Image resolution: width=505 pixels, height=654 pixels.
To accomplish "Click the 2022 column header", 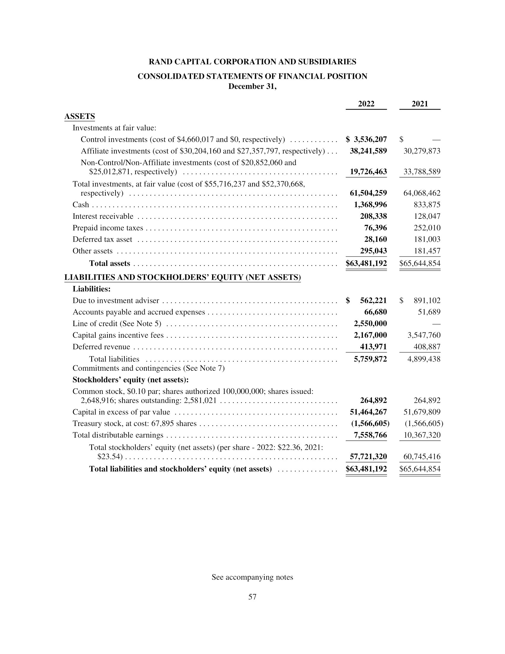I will click(x=366, y=104).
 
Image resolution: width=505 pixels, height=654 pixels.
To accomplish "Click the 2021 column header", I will click(x=420, y=104).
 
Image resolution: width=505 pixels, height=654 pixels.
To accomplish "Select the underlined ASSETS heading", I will click(x=80, y=116).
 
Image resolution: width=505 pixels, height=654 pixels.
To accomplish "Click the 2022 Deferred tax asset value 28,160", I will click(x=375, y=239).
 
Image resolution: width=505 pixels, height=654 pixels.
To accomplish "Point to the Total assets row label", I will click(x=110, y=263).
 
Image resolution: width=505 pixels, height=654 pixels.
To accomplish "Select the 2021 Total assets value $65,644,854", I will click(x=420, y=263).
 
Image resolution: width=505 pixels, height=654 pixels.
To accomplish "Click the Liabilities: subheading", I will click(x=91, y=289).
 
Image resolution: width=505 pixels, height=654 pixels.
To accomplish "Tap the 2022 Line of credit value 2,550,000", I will click(x=370, y=323).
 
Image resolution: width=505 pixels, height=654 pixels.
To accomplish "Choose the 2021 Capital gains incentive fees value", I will click(x=424, y=335).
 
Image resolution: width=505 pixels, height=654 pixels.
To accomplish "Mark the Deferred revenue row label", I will click(x=101, y=347).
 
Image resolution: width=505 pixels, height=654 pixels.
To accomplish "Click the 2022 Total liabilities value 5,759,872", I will click(x=370, y=359).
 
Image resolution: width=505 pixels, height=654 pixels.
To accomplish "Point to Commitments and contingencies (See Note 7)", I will click(x=149, y=368).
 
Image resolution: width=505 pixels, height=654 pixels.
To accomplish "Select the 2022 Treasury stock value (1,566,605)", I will click(x=370, y=423).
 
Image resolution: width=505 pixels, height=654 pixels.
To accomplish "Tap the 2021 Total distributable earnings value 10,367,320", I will click(x=422, y=435).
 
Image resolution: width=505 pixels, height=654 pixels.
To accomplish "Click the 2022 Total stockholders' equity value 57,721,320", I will click(x=368, y=457).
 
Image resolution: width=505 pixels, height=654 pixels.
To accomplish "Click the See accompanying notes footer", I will click(x=252, y=577).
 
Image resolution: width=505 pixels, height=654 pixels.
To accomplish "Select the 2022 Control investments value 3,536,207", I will click(x=370, y=139).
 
